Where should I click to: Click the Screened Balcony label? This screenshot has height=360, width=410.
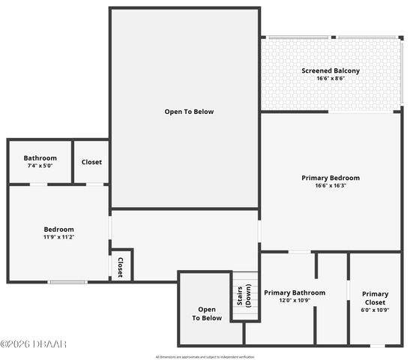[331, 70]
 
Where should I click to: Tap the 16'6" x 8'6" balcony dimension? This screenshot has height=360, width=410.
[331, 78]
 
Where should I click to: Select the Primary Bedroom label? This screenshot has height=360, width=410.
[331, 178]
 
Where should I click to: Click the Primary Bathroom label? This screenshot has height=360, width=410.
[295, 292]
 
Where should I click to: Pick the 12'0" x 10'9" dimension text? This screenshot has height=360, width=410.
[295, 300]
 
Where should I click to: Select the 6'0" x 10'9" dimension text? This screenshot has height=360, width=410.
[375, 310]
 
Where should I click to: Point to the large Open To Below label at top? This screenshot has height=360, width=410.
[189, 112]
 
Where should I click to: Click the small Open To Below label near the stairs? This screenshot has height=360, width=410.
[207, 313]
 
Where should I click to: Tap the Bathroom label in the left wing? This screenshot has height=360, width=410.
[40, 158]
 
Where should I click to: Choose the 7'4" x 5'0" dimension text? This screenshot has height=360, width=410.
[40, 166]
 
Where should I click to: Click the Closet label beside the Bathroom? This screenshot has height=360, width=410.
[91, 162]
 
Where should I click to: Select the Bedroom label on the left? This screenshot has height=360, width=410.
[58, 229]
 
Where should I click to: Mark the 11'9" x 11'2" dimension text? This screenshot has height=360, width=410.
[58, 237]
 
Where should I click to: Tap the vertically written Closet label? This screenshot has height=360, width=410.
[120, 267]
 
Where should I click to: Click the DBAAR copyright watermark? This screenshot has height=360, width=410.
[33, 344]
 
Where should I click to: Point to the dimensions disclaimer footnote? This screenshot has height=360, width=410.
[205, 356]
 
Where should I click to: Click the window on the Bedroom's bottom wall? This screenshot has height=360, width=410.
[67, 282]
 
